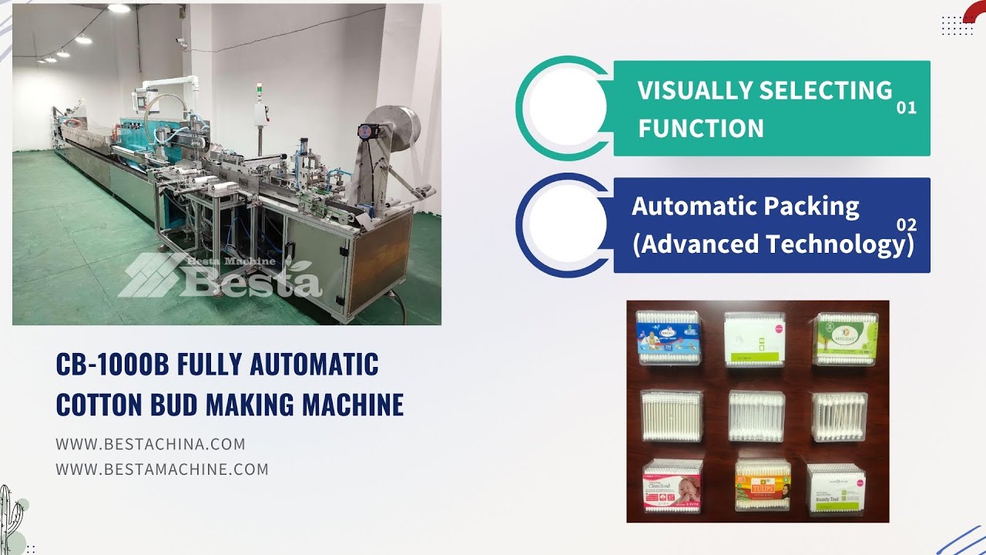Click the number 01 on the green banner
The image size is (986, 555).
(x=907, y=108)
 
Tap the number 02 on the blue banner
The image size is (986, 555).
(x=907, y=225)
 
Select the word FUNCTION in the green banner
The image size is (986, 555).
(x=701, y=127)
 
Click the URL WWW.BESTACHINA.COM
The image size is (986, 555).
(x=150, y=444)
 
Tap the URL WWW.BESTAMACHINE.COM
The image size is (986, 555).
(x=162, y=469)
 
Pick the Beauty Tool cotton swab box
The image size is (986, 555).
(x=837, y=487)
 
